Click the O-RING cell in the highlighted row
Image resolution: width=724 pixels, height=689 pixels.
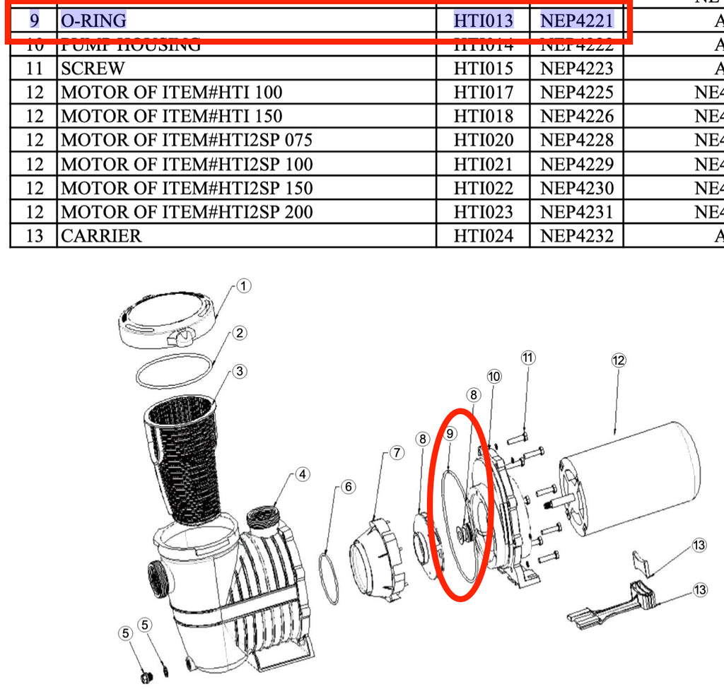[x=94, y=20]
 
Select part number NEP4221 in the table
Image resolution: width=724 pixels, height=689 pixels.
[x=576, y=20]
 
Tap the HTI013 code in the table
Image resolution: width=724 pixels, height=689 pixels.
[x=483, y=20]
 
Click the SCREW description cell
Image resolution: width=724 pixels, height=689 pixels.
[x=93, y=69]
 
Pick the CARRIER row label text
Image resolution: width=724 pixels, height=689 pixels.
[x=101, y=235]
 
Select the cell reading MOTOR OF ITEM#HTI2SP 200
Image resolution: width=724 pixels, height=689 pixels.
[x=187, y=211]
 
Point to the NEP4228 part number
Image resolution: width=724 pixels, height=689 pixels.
[x=576, y=140]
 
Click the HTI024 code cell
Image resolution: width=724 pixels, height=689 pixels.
[x=483, y=235]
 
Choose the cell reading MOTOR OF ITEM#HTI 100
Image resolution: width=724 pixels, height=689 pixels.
[x=171, y=92]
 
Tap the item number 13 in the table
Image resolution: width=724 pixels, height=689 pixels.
[x=34, y=235]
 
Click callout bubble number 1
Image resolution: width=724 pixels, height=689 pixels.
[x=243, y=286]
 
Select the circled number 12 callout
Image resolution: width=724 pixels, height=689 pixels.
[x=618, y=360]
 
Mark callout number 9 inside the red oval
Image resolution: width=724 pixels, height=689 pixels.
[x=450, y=433]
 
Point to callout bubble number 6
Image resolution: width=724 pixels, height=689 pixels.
[x=348, y=486]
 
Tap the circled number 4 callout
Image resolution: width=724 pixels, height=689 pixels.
[x=303, y=474]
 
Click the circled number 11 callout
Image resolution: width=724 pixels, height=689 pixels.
[x=527, y=358]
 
